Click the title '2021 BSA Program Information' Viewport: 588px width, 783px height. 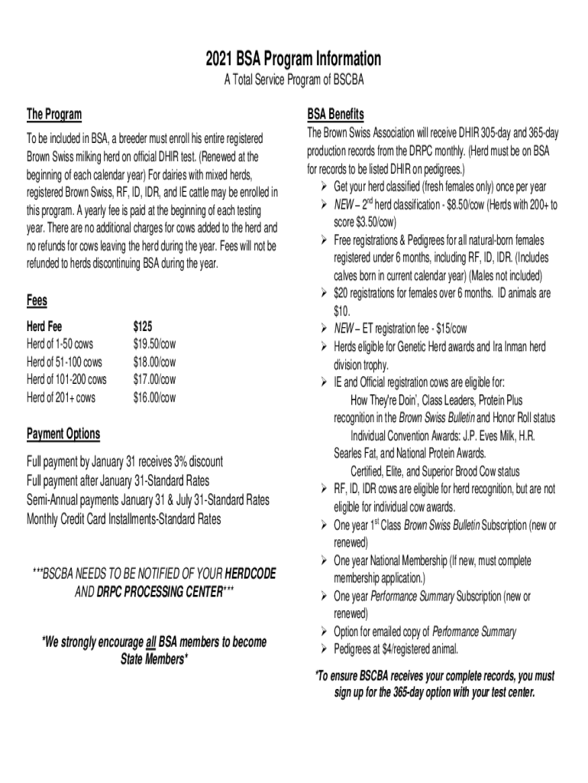pos(293,59)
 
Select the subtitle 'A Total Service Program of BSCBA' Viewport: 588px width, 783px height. pos(293,82)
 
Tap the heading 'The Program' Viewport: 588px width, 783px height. pos(54,115)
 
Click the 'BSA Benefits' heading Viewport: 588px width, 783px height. pos(335,114)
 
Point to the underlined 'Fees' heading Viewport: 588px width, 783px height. pos(37,301)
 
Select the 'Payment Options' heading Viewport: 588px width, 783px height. pos(63,434)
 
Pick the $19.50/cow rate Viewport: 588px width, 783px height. pos(154,343)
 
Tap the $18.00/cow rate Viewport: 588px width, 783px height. pos(154,361)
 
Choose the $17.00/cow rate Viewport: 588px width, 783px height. pos(154,379)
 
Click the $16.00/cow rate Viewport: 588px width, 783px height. pos(154,398)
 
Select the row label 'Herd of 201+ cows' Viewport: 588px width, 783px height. pos(62,398)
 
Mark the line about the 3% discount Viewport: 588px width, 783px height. pos(124,462)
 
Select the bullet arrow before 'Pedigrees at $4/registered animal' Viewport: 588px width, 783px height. pos(325,650)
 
